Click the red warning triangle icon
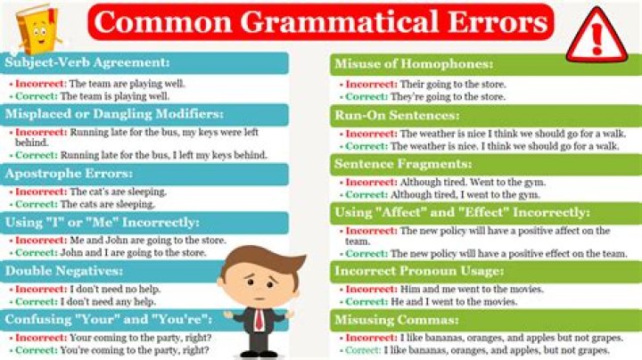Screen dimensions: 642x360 [597, 36]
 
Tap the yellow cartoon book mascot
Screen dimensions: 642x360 [37, 29]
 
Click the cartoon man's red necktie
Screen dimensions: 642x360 [259, 319]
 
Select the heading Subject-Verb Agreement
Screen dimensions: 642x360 [87, 62]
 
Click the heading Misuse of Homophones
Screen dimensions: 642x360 [414, 64]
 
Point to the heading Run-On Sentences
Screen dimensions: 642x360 [397, 115]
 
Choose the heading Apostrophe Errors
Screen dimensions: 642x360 [69, 174]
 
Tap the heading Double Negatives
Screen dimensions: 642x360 [64, 270]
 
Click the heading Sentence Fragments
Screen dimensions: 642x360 [403, 164]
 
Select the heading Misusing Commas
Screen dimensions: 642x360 [396, 320]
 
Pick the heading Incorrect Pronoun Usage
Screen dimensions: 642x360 [419, 271]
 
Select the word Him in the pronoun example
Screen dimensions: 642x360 [409, 290]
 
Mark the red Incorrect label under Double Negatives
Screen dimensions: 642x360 [41, 290]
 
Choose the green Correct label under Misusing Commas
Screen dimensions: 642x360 [362, 350]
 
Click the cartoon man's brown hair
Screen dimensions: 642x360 [264, 260]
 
